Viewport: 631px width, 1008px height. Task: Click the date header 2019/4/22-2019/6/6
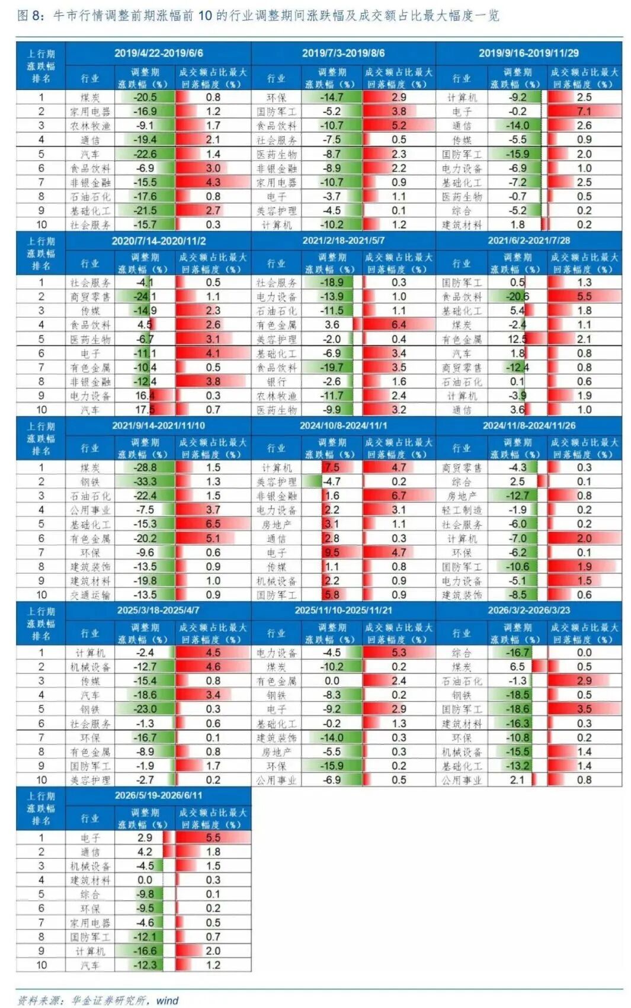click(158, 53)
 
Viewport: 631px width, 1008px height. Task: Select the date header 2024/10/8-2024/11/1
click(344, 425)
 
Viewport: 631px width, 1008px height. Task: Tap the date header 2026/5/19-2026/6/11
click(158, 795)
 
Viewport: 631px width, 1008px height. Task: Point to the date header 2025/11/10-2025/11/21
click(344, 610)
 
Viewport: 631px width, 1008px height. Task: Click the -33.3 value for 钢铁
click(145, 481)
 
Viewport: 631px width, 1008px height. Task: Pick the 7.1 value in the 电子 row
click(584, 111)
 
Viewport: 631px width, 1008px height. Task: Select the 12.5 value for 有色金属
click(518, 339)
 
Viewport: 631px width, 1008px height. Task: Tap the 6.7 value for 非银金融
click(399, 496)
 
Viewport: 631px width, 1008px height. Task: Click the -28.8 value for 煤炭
click(145, 467)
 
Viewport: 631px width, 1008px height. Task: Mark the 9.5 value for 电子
click(332, 552)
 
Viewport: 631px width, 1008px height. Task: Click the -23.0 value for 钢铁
click(145, 709)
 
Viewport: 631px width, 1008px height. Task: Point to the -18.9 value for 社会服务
click(332, 282)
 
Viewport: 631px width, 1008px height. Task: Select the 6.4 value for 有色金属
click(399, 325)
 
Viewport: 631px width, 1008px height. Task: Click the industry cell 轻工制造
click(462, 510)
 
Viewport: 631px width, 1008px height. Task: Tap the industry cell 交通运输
click(90, 595)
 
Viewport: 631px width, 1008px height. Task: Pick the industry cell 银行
click(276, 381)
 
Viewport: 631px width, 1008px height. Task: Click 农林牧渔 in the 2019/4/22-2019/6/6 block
click(90, 126)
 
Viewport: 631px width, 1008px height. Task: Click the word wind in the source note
click(168, 1000)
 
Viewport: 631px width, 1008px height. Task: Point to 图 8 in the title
click(30, 16)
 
